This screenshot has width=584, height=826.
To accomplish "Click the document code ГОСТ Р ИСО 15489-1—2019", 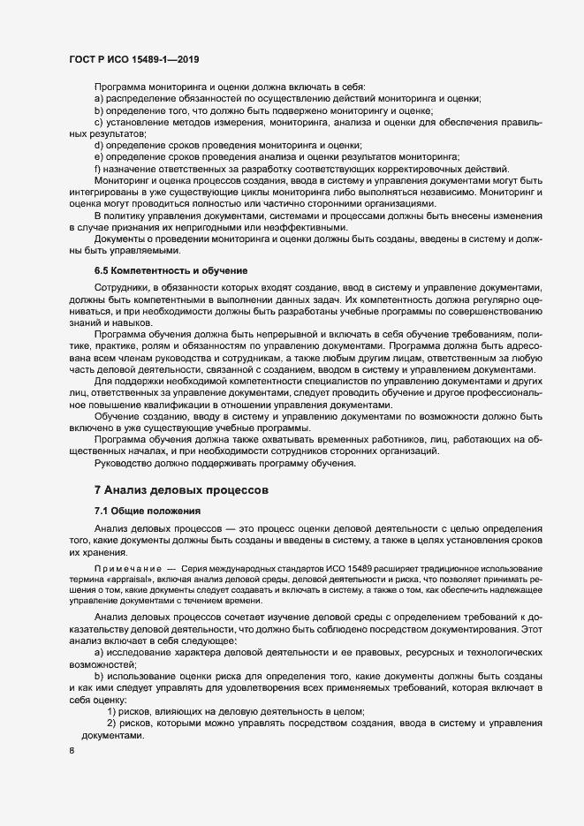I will (x=133, y=60).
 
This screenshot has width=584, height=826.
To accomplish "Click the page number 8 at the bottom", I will (x=72, y=751).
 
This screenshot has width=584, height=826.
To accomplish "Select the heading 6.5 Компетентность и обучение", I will (x=171, y=269).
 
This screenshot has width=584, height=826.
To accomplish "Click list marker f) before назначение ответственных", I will (x=97, y=169).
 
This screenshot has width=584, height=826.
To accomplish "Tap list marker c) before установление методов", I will (x=98, y=122).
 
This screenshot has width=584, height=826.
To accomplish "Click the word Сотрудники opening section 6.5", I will (x=124, y=290).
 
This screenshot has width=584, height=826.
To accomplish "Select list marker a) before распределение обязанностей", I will (x=98, y=99).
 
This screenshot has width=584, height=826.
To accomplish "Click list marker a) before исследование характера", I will (x=98, y=650).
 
